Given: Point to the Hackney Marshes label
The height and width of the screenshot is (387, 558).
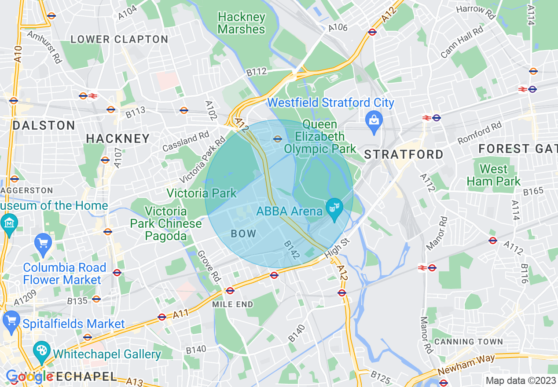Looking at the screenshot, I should pos(242,23).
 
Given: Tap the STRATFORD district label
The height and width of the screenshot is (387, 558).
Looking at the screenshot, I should pos(404,154).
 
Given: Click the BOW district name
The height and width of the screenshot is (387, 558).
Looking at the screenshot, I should pos(243,234).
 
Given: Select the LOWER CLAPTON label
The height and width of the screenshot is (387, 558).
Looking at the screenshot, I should pos(119,39).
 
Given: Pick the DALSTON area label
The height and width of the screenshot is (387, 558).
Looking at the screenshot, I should pos(44,125).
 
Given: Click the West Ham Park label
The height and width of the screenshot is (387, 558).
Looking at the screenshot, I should pos(493,175).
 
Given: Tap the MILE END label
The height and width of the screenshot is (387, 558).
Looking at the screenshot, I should pos(232,304).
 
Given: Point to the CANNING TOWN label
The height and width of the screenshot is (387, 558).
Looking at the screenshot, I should pos(468,342).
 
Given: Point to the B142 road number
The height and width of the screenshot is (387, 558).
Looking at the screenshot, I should pos(291,250).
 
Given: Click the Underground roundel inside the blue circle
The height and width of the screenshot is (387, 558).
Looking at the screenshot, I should pos(277,139).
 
